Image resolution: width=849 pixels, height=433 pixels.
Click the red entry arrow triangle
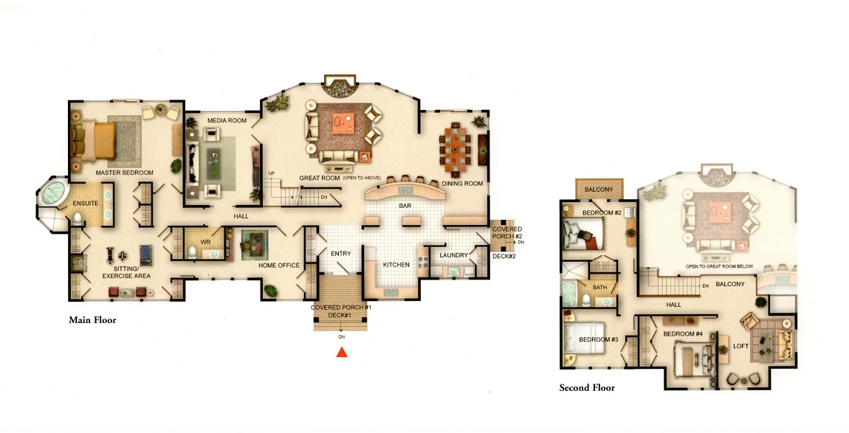(x=341, y=353)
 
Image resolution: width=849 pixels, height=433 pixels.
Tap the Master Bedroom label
(x=125, y=173)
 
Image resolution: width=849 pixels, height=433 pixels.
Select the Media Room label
(x=227, y=120)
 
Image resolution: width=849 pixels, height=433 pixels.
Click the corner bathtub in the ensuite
(x=52, y=193)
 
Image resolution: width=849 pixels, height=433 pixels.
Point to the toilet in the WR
(x=193, y=252)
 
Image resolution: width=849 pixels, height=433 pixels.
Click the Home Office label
(x=279, y=266)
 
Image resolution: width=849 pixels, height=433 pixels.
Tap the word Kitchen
(x=396, y=265)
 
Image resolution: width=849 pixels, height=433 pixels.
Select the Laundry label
(x=454, y=255)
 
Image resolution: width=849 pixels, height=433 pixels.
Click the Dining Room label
(x=462, y=184)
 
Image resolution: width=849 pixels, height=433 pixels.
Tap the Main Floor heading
(x=92, y=320)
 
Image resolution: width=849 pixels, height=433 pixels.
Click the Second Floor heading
(x=587, y=387)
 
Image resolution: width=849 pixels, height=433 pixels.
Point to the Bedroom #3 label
(x=598, y=339)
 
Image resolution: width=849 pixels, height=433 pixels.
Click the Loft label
(x=740, y=346)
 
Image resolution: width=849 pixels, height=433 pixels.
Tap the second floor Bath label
(x=599, y=288)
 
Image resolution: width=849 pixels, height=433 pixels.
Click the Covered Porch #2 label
(x=506, y=233)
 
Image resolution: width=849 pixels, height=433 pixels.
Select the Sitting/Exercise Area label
(x=127, y=272)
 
